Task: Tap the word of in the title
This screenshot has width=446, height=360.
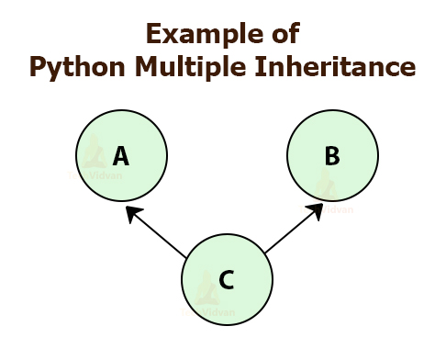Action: point(280,36)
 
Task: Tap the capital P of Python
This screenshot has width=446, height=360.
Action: point(38,67)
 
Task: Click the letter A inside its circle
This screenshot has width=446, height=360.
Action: point(120,156)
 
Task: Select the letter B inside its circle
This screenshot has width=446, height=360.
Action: point(332,156)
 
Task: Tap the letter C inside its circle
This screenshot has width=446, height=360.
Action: point(227,279)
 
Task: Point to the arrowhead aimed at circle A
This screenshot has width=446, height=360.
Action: point(132,213)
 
